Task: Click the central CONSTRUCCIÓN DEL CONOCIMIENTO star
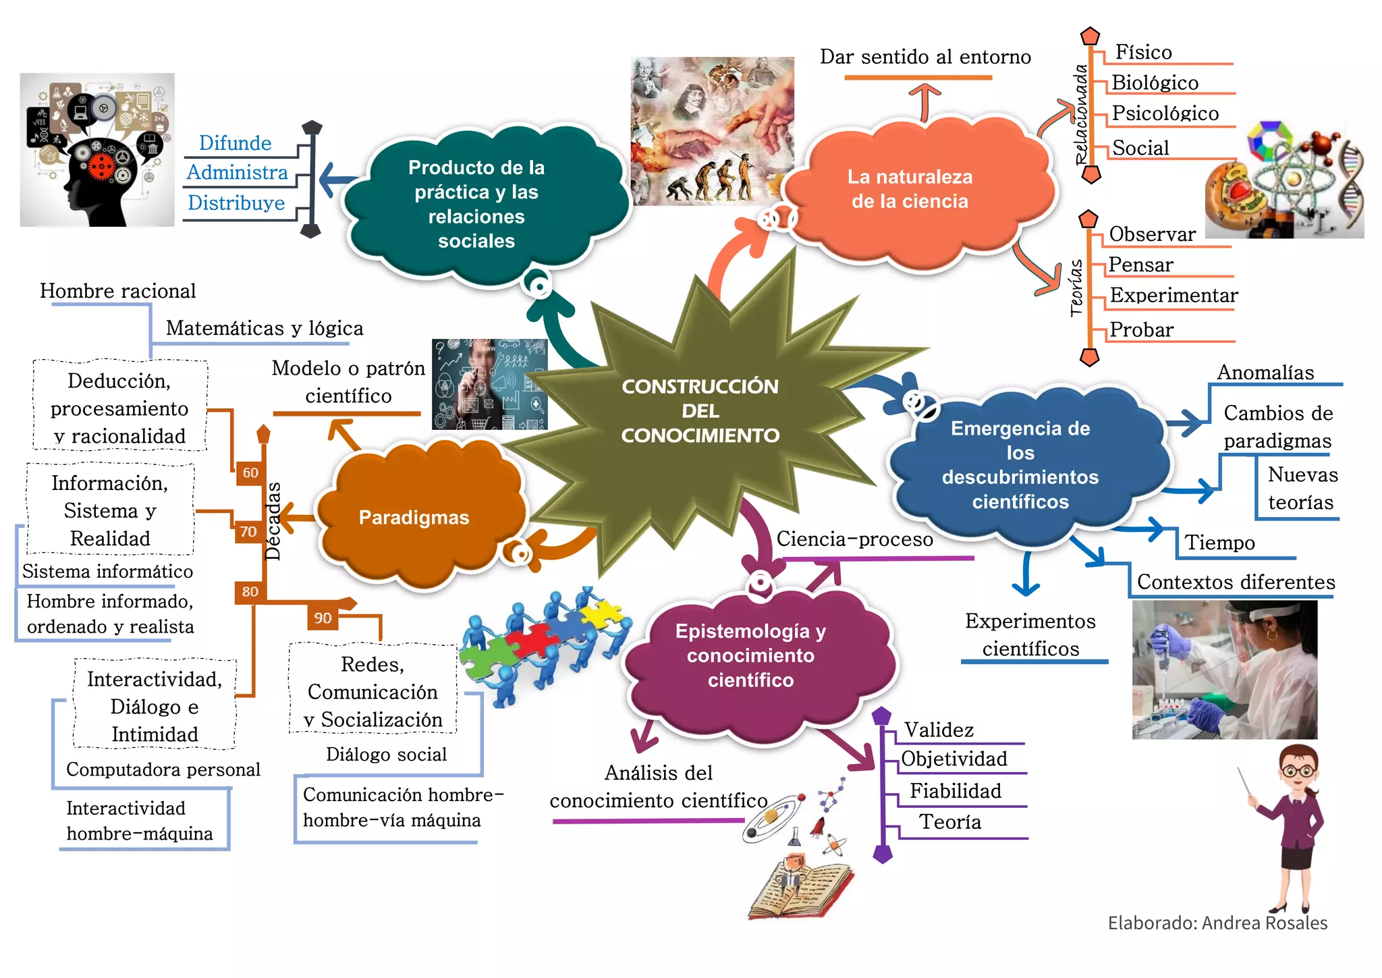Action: [x=700, y=410]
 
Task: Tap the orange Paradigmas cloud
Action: [x=414, y=517]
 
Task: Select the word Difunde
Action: [x=235, y=143]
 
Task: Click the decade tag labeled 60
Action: [x=250, y=472]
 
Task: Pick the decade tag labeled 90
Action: [x=323, y=618]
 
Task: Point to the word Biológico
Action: [x=1155, y=83]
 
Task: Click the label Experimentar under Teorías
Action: [x=1173, y=296]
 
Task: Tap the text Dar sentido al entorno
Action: [x=925, y=57]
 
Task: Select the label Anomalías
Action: [x=1265, y=373]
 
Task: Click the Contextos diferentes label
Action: [x=1236, y=582]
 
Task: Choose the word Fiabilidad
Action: [x=955, y=791]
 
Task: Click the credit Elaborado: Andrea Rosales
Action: [x=1217, y=923]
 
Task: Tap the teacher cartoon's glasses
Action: [x=1297, y=770]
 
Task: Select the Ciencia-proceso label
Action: [x=854, y=539]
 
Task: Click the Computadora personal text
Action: [x=163, y=769]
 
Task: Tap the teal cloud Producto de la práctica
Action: [x=476, y=204]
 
